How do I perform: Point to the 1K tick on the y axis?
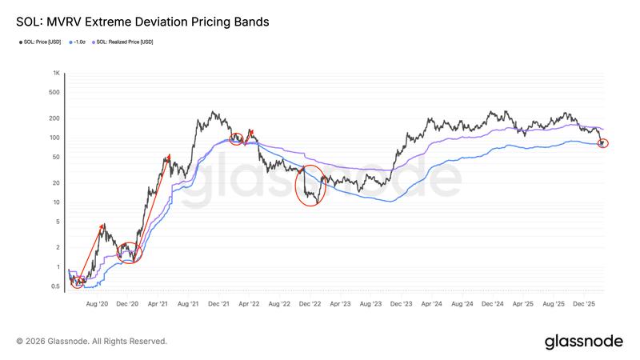57,73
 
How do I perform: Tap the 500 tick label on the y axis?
56,92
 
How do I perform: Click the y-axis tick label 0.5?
56,286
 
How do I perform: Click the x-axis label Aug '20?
97,304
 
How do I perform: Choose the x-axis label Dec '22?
310,304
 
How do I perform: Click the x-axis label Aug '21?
188,304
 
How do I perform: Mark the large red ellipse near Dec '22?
310,186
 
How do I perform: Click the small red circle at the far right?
603,142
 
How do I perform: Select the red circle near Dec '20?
130,253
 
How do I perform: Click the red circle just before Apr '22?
236,138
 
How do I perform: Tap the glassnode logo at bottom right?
583,342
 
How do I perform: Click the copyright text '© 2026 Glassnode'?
91,342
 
